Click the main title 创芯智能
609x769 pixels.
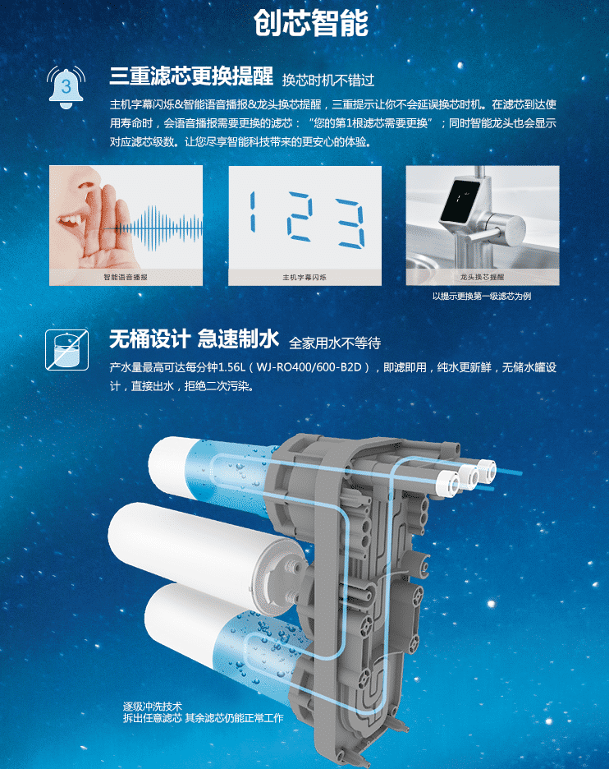click(311, 22)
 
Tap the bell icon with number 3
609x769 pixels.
click(66, 88)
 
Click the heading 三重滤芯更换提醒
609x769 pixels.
click(191, 76)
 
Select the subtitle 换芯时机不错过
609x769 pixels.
click(328, 80)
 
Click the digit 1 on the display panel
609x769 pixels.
click(252, 212)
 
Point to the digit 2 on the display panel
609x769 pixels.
click(300, 216)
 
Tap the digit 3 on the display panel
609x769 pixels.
click(350, 223)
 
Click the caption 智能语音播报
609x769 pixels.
click(126, 277)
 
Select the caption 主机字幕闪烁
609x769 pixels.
click(304, 277)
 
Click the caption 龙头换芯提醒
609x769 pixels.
click(482, 277)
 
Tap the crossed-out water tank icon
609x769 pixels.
click(67, 350)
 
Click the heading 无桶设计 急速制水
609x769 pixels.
click(194, 338)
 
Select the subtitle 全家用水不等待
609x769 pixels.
click(335, 343)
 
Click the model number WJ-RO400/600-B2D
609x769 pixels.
click(309, 367)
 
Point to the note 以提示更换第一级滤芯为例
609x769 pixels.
click(482, 297)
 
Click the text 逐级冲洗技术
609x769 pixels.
click(153, 707)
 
